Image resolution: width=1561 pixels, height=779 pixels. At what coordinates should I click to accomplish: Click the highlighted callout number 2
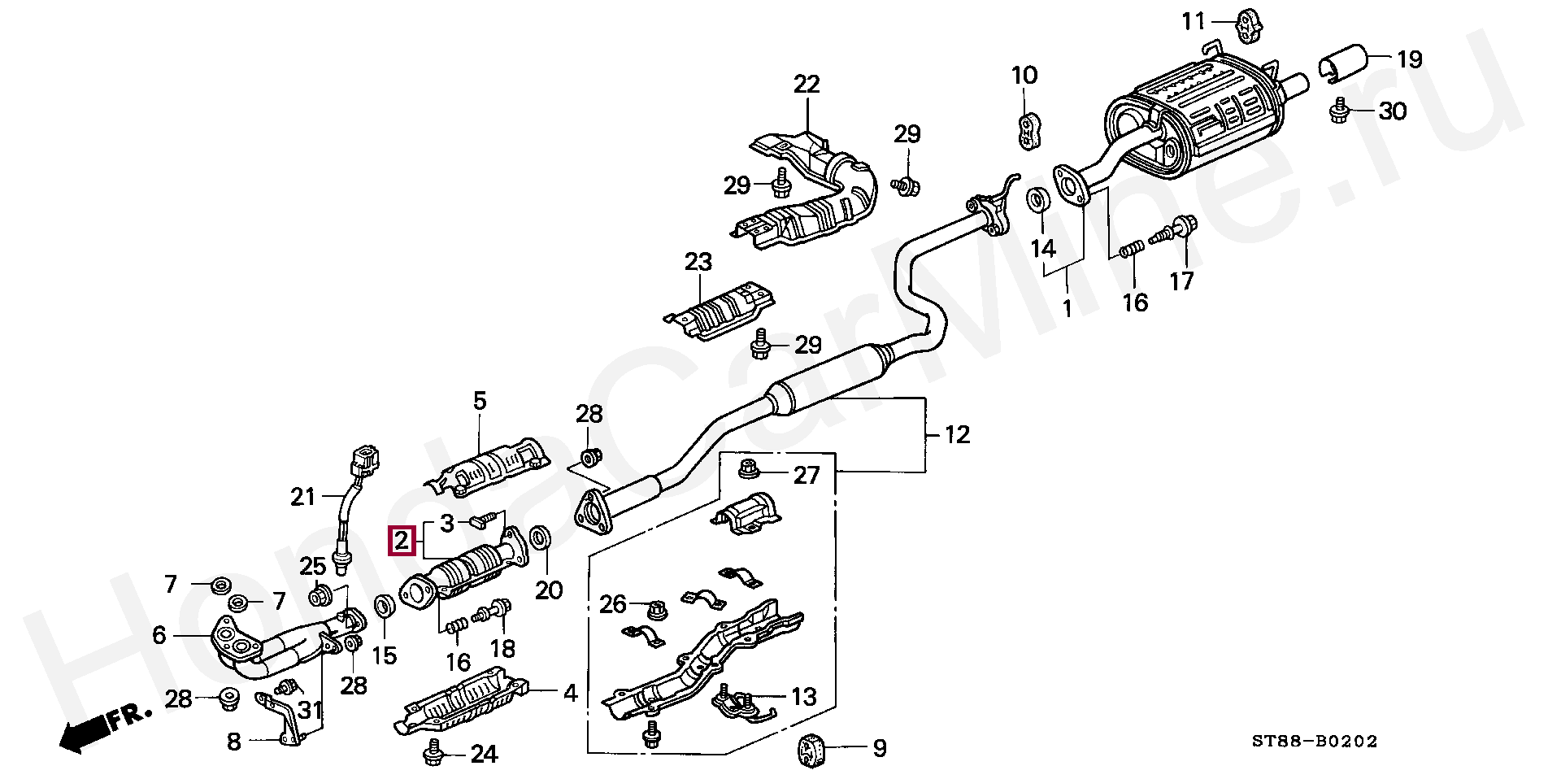(x=402, y=541)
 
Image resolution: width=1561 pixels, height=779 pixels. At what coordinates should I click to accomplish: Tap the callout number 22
(x=807, y=84)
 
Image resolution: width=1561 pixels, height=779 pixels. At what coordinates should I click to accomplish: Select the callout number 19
(x=1409, y=59)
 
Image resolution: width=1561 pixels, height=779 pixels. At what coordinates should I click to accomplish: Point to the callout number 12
(x=958, y=434)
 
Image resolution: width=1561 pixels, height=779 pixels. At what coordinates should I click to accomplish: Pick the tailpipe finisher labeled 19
(x=1341, y=64)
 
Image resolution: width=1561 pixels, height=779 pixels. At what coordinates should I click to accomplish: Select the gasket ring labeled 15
(x=384, y=606)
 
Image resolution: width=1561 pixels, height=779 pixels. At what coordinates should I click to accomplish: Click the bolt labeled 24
(x=433, y=755)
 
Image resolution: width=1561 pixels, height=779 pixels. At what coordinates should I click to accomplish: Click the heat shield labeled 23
(x=718, y=312)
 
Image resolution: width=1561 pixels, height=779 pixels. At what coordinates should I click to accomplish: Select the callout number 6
(x=159, y=635)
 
